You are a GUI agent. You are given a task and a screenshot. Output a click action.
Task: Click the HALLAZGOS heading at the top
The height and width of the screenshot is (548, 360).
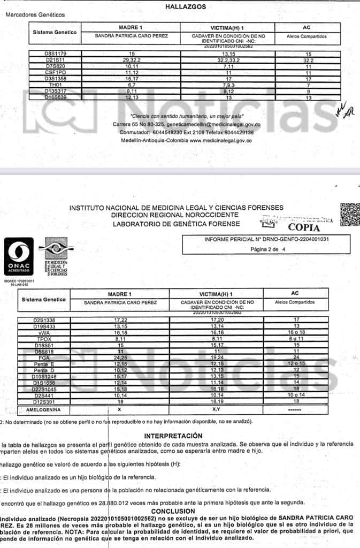click(180, 6)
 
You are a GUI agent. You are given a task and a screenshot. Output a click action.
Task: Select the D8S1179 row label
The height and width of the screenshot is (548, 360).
click(56, 54)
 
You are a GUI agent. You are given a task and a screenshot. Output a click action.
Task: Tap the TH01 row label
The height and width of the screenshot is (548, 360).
click(56, 85)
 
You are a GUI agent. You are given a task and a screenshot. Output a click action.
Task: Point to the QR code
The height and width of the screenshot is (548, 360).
click(350, 214)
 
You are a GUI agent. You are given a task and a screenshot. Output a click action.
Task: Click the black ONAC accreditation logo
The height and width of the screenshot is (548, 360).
click(19, 257)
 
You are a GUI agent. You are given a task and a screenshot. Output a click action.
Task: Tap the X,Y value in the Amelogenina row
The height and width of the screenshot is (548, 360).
click(216, 409)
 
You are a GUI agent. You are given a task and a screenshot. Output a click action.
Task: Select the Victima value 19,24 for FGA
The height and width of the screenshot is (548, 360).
click(216, 357)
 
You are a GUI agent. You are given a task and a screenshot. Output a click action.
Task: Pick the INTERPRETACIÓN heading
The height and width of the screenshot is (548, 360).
click(173, 436)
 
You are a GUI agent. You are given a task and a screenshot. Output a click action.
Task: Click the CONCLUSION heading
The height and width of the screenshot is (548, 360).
click(180, 511)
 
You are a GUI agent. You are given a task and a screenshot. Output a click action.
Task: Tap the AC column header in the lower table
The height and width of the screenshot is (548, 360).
click(295, 293)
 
